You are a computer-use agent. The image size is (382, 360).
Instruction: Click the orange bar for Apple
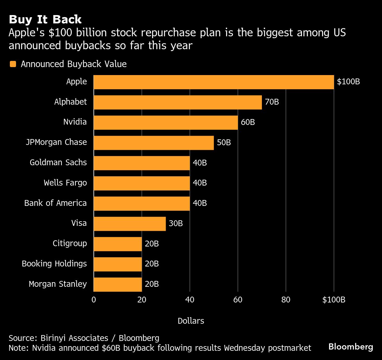point(213,82)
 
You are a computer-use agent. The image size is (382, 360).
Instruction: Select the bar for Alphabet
point(177,102)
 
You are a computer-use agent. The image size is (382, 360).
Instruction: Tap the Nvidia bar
point(165,122)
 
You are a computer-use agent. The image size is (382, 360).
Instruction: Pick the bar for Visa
point(129,224)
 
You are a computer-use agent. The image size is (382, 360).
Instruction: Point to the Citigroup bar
point(117,244)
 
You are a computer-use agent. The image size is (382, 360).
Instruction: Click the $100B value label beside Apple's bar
point(348,82)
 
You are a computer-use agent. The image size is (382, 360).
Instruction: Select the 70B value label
point(272,102)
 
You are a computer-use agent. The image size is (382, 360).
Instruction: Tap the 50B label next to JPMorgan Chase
point(224,143)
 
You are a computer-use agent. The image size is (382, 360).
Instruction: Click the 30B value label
point(176,224)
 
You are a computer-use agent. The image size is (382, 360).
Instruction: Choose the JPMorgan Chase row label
point(56,142)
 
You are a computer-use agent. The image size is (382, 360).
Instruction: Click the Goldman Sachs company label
point(58,162)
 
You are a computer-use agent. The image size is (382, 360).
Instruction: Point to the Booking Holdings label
point(54,264)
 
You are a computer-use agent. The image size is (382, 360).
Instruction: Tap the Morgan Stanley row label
point(58,284)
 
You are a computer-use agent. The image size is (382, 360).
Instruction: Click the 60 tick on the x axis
point(238,300)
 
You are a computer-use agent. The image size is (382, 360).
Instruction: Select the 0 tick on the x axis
point(94,300)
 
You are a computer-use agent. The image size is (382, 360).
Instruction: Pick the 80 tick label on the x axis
point(286,300)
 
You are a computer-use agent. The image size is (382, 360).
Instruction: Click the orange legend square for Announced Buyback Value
point(13,64)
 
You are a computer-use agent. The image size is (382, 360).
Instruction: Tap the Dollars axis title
point(191,321)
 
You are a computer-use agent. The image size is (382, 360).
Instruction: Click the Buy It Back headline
point(45,19)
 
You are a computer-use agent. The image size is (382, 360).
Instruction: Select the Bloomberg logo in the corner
point(351,347)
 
